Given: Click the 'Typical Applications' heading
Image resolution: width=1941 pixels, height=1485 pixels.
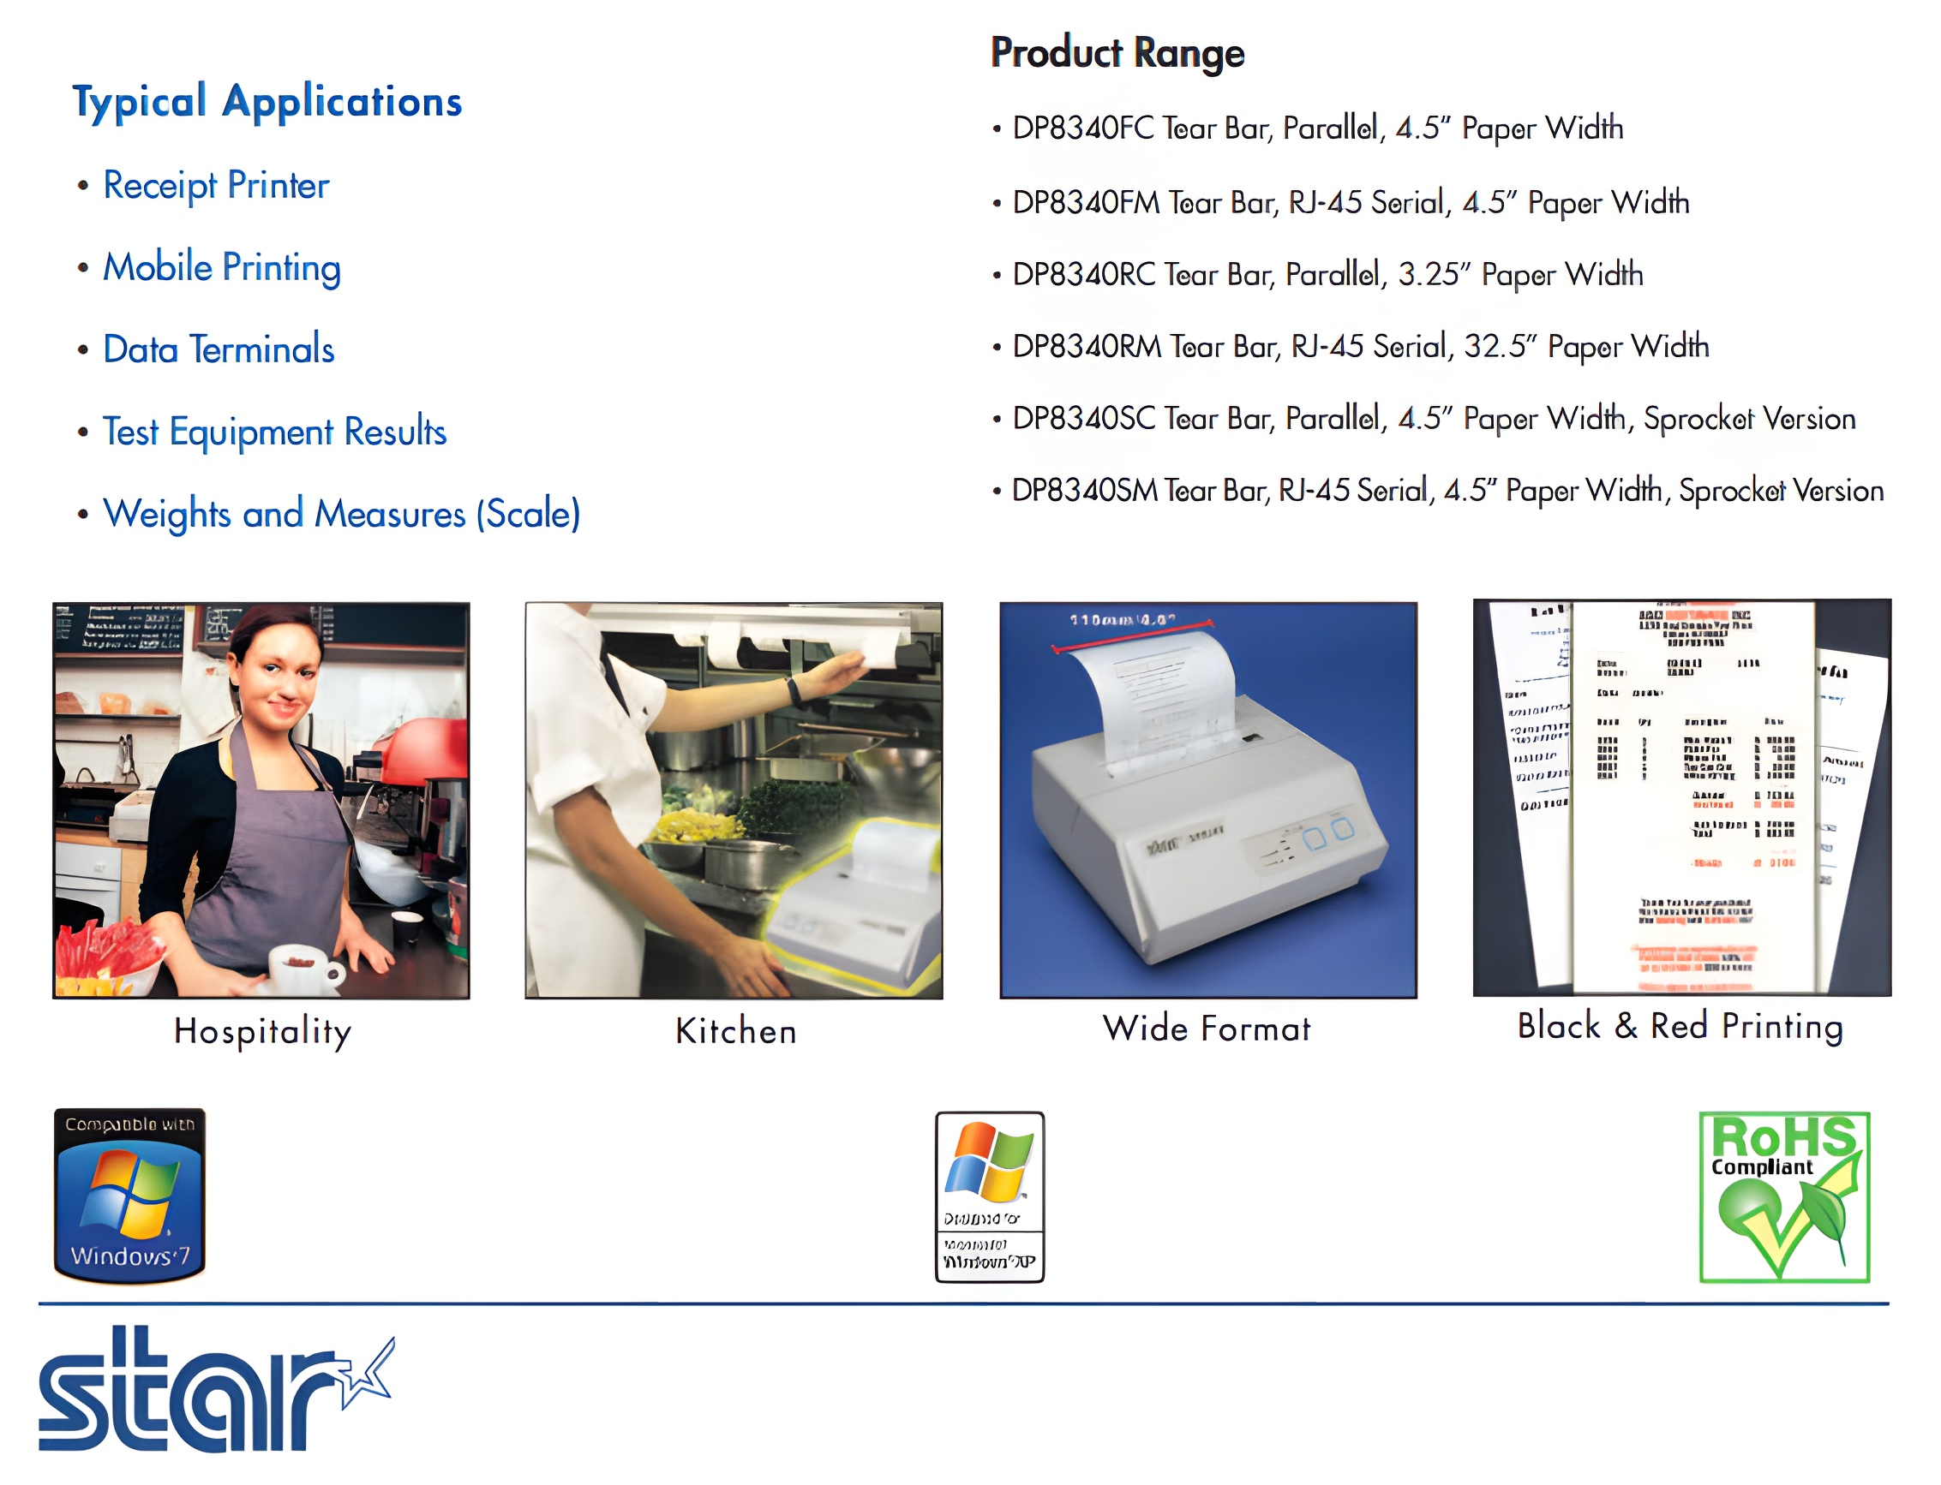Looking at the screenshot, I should (x=267, y=102).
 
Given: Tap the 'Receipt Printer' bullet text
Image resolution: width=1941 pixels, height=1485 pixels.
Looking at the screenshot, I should (x=216, y=186).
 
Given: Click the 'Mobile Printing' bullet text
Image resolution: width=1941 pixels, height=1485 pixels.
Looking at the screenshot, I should (x=221, y=268).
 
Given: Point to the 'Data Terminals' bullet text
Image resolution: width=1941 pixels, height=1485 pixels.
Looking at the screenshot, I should (x=219, y=350).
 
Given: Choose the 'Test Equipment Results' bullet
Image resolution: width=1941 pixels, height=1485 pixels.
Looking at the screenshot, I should (x=274, y=432).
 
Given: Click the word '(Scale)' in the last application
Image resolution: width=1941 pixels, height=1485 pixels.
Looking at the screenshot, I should (x=528, y=515).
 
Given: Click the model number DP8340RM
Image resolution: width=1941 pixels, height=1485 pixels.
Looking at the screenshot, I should (x=1086, y=347).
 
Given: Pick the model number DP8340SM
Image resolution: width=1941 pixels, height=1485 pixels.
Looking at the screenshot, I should (x=1083, y=491).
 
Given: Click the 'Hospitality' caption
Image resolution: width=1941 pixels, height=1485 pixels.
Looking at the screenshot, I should (x=262, y=1030).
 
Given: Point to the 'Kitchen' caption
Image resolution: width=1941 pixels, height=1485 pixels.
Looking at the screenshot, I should (x=735, y=1030).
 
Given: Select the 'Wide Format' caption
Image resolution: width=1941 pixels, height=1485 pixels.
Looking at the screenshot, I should (x=1206, y=1029).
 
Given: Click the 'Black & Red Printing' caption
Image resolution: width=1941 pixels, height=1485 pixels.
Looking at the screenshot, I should (x=1680, y=1026).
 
